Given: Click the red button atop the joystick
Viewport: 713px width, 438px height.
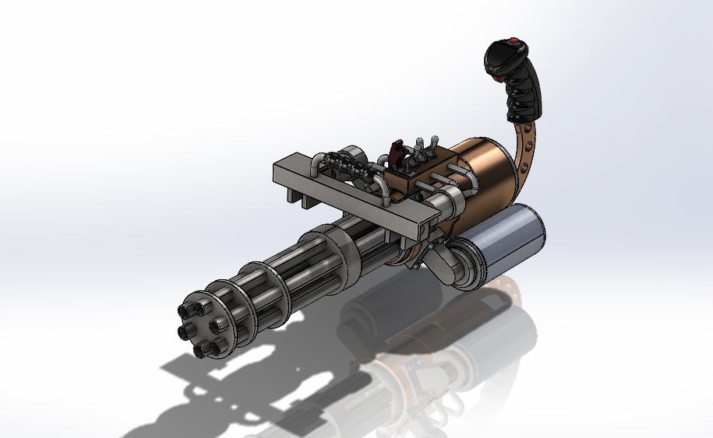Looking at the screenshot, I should click(514, 42).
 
